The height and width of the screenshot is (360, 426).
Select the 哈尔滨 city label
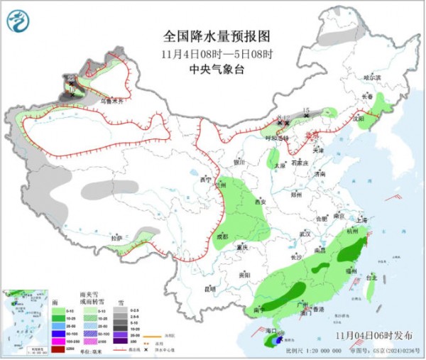point(372,77)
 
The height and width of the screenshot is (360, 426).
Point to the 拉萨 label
point(116,238)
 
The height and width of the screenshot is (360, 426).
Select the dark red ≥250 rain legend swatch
point(57,348)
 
